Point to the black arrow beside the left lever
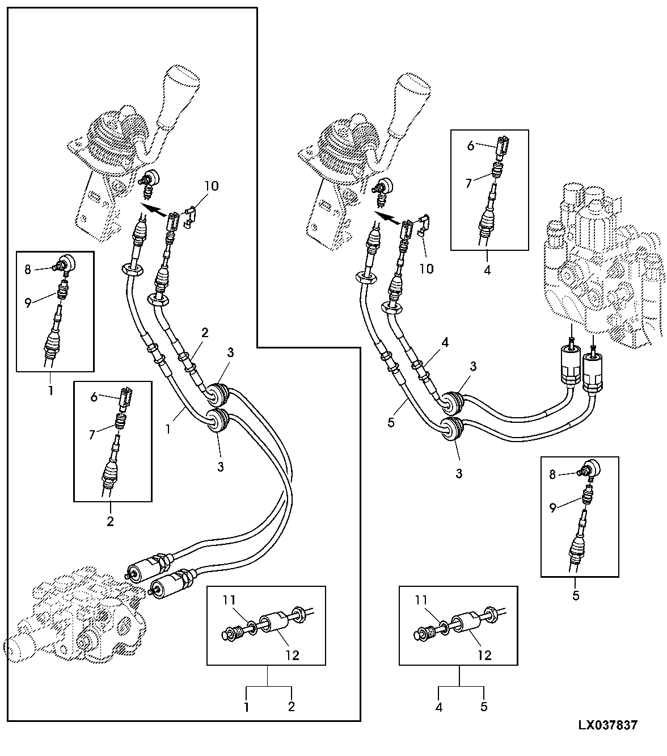point(153,209)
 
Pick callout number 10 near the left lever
point(212,186)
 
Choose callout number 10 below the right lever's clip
point(427,268)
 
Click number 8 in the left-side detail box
point(28,270)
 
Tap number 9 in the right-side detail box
point(552,507)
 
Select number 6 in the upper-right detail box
point(471,145)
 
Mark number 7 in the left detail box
point(92,435)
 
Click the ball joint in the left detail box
point(65,263)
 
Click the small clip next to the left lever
point(189,217)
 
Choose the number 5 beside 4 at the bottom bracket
point(484,707)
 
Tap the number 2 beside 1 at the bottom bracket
point(291,707)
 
